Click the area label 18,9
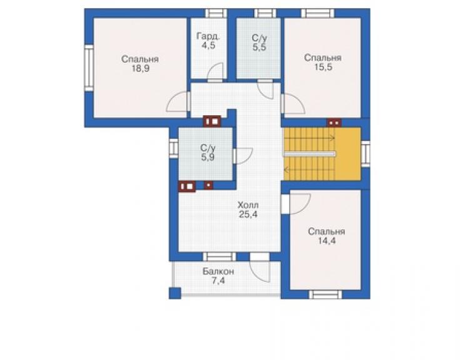click(141, 69)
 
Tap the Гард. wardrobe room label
click(208, 36)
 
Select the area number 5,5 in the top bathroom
click(260, 47)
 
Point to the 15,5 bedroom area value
click(323, 67)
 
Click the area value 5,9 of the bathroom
click(208, 157)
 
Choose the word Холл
click(248, 205)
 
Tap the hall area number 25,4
click(248, 214)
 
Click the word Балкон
click(218, 271)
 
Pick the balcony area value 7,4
click(218, 280)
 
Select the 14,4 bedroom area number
click(327, 241)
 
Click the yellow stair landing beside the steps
click(348, 153)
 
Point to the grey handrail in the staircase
click(310, 154)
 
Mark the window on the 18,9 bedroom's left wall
click(89, 68)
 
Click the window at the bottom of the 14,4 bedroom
click(325, 294)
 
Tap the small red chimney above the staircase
click(334, 123)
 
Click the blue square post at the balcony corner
click(175, 293)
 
